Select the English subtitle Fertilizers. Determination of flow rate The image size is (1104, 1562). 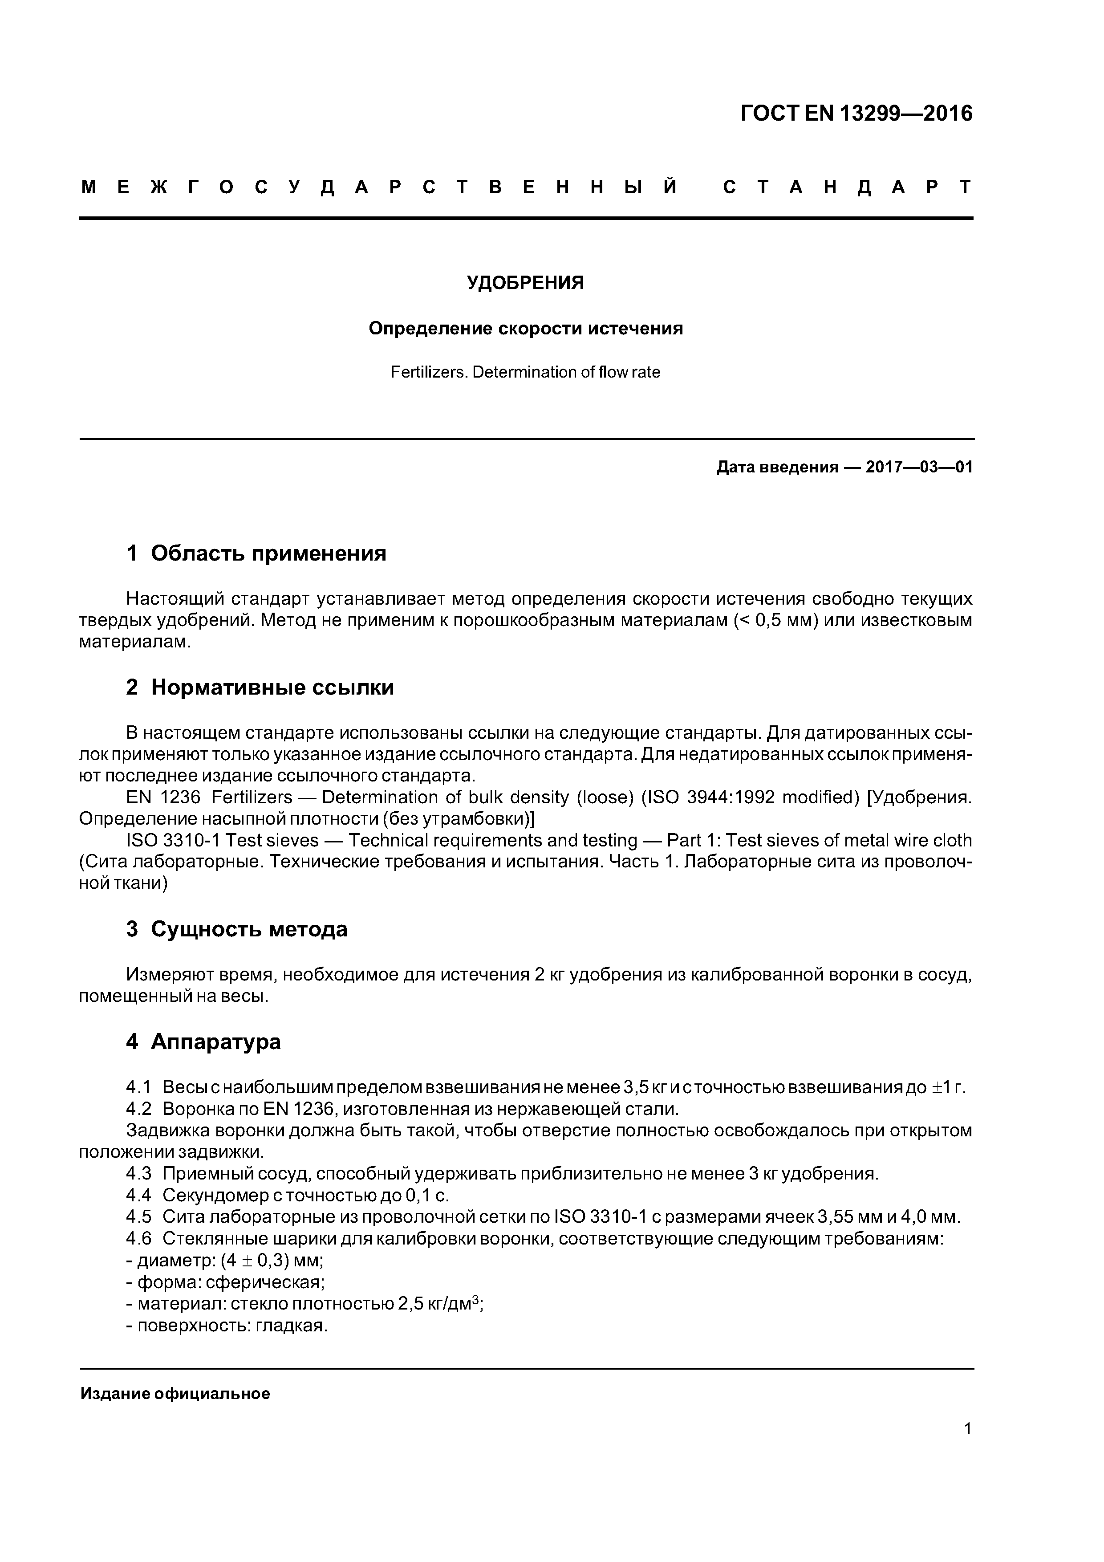click(525, 372)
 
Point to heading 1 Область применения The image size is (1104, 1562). click(256, 553)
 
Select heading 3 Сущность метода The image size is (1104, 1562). click(237, 929)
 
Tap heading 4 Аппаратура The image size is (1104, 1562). click(203, 1041)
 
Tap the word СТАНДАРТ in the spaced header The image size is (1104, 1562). click(848, 187)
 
